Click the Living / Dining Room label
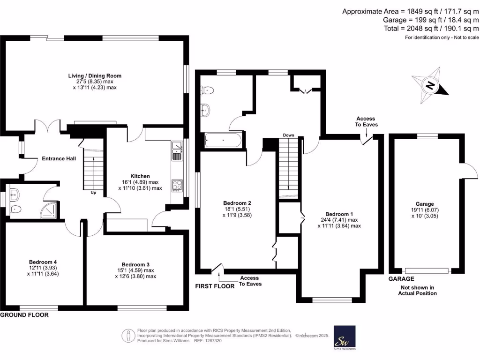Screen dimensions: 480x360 95,75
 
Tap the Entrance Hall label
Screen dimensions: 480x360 59,158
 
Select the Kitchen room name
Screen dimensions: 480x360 140,176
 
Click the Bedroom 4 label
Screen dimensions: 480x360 43,262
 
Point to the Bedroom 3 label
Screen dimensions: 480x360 135,264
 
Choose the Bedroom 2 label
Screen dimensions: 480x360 237,203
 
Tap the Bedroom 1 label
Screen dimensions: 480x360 339,214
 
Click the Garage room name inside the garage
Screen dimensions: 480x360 425,204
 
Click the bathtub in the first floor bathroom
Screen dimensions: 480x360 223,140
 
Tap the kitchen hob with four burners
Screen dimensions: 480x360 177,186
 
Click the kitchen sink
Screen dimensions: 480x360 177,151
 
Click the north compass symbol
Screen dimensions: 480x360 430,85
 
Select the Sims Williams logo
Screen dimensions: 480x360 345,338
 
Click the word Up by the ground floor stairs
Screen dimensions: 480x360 93,193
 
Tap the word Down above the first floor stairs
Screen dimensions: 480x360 288,135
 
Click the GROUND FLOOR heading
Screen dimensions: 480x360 24,315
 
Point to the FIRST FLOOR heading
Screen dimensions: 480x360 215,286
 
